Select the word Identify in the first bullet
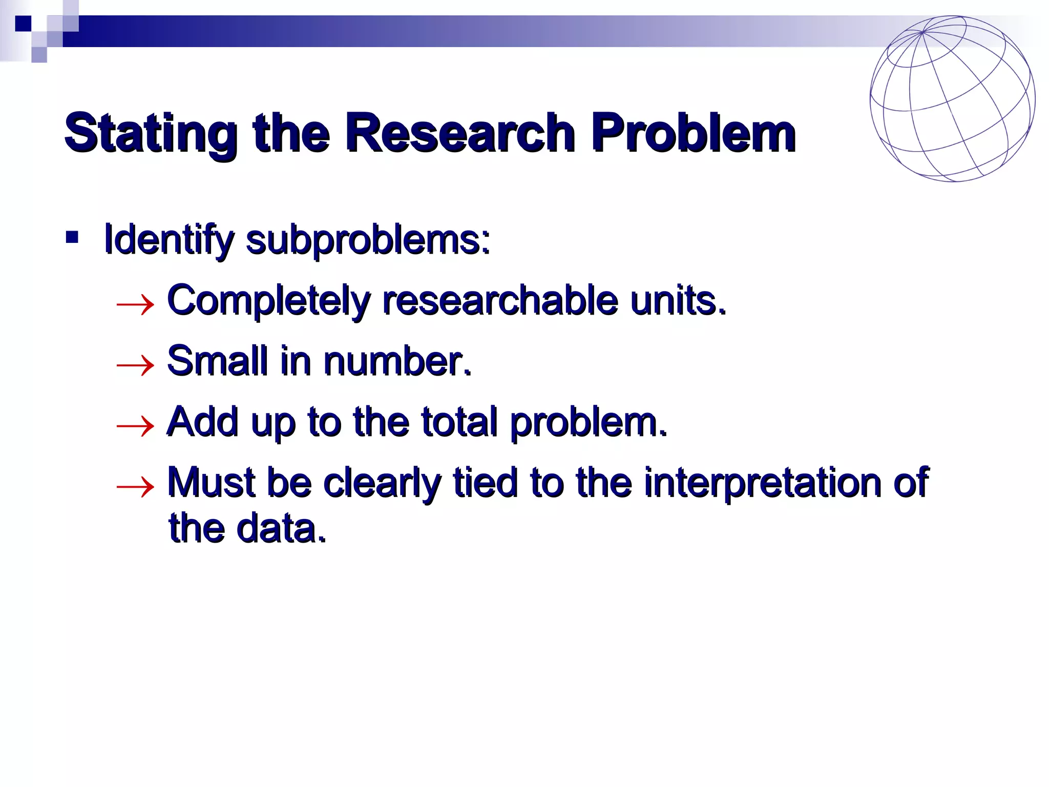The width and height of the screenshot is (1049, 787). click(x=169, y=240)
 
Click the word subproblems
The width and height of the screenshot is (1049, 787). click(x=368, y=240)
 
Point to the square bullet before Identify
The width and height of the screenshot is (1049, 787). click(x=72, y=237)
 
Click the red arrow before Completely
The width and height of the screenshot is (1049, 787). click(x=135, y=305)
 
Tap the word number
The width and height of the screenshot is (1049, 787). click(x=397, y=361)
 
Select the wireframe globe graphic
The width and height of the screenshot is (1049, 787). click(x=952, y=98)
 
